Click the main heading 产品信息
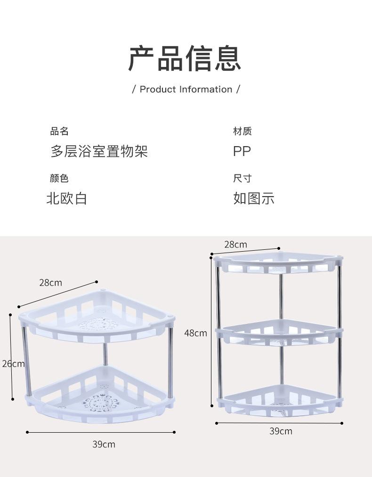[185, 58]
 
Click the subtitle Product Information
[186, 89]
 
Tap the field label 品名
[59, 131]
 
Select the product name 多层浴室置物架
[99, 151]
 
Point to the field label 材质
[243, 131]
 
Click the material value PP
[242, 151]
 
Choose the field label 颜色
[59, 178]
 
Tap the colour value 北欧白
[67, 198]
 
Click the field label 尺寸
[243, 178]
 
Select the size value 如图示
[254, 198]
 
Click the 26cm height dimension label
[13, 363]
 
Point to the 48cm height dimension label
[195, 333]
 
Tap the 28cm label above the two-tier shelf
[50, 283]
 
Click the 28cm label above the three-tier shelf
[235, 244]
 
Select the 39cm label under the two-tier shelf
[104, 444]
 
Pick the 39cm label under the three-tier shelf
[281, 431]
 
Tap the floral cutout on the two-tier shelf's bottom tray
[100, 402]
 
